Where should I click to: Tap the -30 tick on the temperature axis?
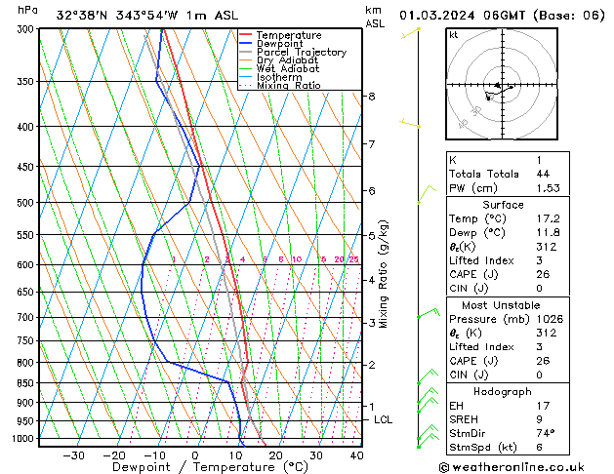(73, 454)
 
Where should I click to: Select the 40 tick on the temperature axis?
(356, 454)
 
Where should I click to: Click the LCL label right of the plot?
(384, 419)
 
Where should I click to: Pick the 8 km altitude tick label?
(371, 97)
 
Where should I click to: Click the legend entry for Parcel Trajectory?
(301, 53)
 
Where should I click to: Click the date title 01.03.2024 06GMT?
(505, 15)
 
